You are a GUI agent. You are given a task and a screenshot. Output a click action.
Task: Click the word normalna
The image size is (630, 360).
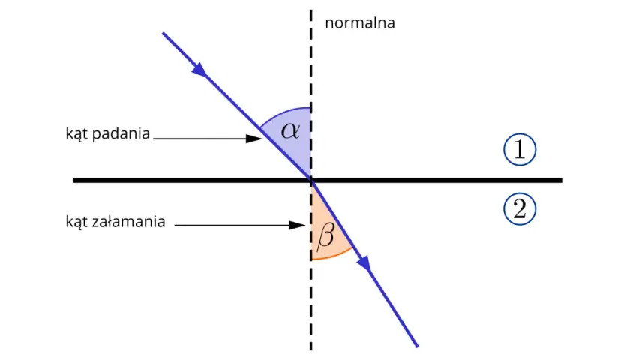coord(359,23)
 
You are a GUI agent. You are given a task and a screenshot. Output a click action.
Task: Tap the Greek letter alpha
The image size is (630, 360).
coord(290,130)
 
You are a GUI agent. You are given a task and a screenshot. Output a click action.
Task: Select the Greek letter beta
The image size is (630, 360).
coord(325,235)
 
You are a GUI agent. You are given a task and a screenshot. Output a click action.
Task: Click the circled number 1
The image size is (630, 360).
coord(520,149)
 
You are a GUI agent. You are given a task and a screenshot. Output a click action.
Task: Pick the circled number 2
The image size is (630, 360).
coord(520,209)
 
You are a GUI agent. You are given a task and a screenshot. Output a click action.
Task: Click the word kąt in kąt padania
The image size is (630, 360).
coord(76,133)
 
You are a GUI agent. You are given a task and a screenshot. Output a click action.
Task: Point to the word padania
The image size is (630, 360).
coord(121,133)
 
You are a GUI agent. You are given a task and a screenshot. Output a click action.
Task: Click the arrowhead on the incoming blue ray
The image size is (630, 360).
coord(199,70)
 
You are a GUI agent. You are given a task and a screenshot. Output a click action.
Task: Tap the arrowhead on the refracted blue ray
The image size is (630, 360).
coord(364,263)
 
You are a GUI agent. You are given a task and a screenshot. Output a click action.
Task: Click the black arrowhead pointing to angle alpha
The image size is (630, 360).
coord(254,139)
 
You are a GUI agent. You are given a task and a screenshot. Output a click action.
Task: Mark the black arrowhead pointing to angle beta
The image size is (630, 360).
coord(297,226)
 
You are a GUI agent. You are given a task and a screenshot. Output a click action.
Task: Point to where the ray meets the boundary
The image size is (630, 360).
coord(311,181)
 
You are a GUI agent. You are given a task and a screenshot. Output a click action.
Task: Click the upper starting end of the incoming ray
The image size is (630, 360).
coord(163,33)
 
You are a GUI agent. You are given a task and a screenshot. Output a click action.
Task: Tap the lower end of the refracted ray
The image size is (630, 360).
coord(418,346)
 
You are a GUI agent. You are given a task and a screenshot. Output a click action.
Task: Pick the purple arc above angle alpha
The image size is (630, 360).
coord(282,113)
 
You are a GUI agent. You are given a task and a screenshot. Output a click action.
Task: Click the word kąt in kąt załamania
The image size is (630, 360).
coord(76,222)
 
